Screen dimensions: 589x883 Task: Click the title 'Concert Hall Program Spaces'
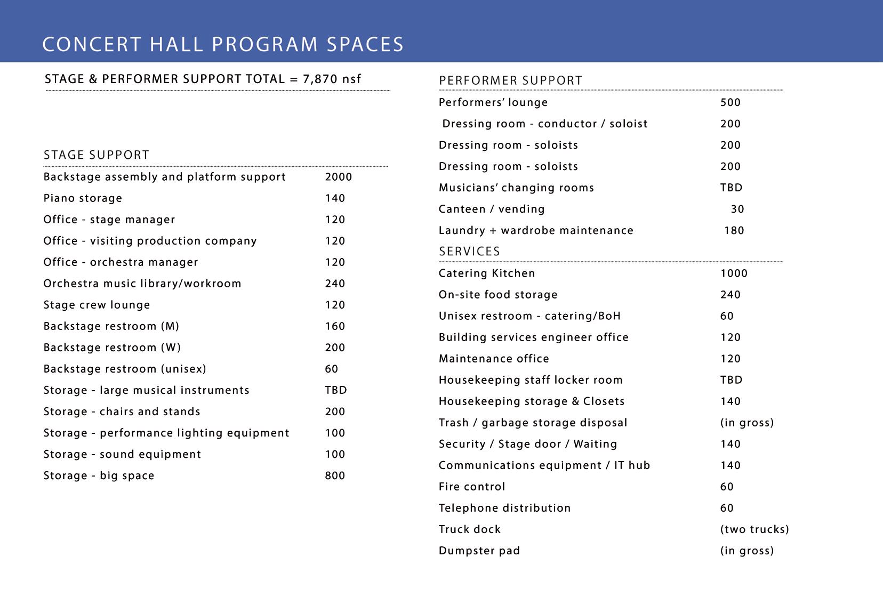[x=223, y=44]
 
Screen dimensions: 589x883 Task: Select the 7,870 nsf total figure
[x=332, y=79]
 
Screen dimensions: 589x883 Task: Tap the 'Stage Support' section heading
[x=97, y=155]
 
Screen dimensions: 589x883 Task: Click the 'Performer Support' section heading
[x=510, y=80]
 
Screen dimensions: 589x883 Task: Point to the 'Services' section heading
[x=469, y=252]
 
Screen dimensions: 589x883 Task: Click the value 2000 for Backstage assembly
[x=339, y=177]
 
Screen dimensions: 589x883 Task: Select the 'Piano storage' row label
[x=83, y=198]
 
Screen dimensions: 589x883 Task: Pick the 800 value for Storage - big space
[x=335, y=475]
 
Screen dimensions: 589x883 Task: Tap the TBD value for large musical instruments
[x=336, y=390]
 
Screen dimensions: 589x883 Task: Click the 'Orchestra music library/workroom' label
[x=142, y=284]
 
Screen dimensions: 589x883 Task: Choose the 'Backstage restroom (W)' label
[x=112, y=348]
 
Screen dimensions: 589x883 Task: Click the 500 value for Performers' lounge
[x=731, y=102]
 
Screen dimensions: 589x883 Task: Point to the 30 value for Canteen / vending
[x=737, y=209]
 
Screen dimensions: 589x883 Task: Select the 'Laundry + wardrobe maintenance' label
[x=536, y=230]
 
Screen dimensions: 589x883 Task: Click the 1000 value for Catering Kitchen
[x=734, y=273]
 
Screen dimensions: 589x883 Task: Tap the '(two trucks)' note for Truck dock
[x=754, y=529]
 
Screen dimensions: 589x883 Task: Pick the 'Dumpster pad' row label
[x=479, y=551]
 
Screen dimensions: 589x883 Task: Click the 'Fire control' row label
[x=472, y=487]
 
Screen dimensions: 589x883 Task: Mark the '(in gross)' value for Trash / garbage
[x=746, y=423]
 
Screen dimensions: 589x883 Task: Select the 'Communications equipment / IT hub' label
[x=544, y=465]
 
